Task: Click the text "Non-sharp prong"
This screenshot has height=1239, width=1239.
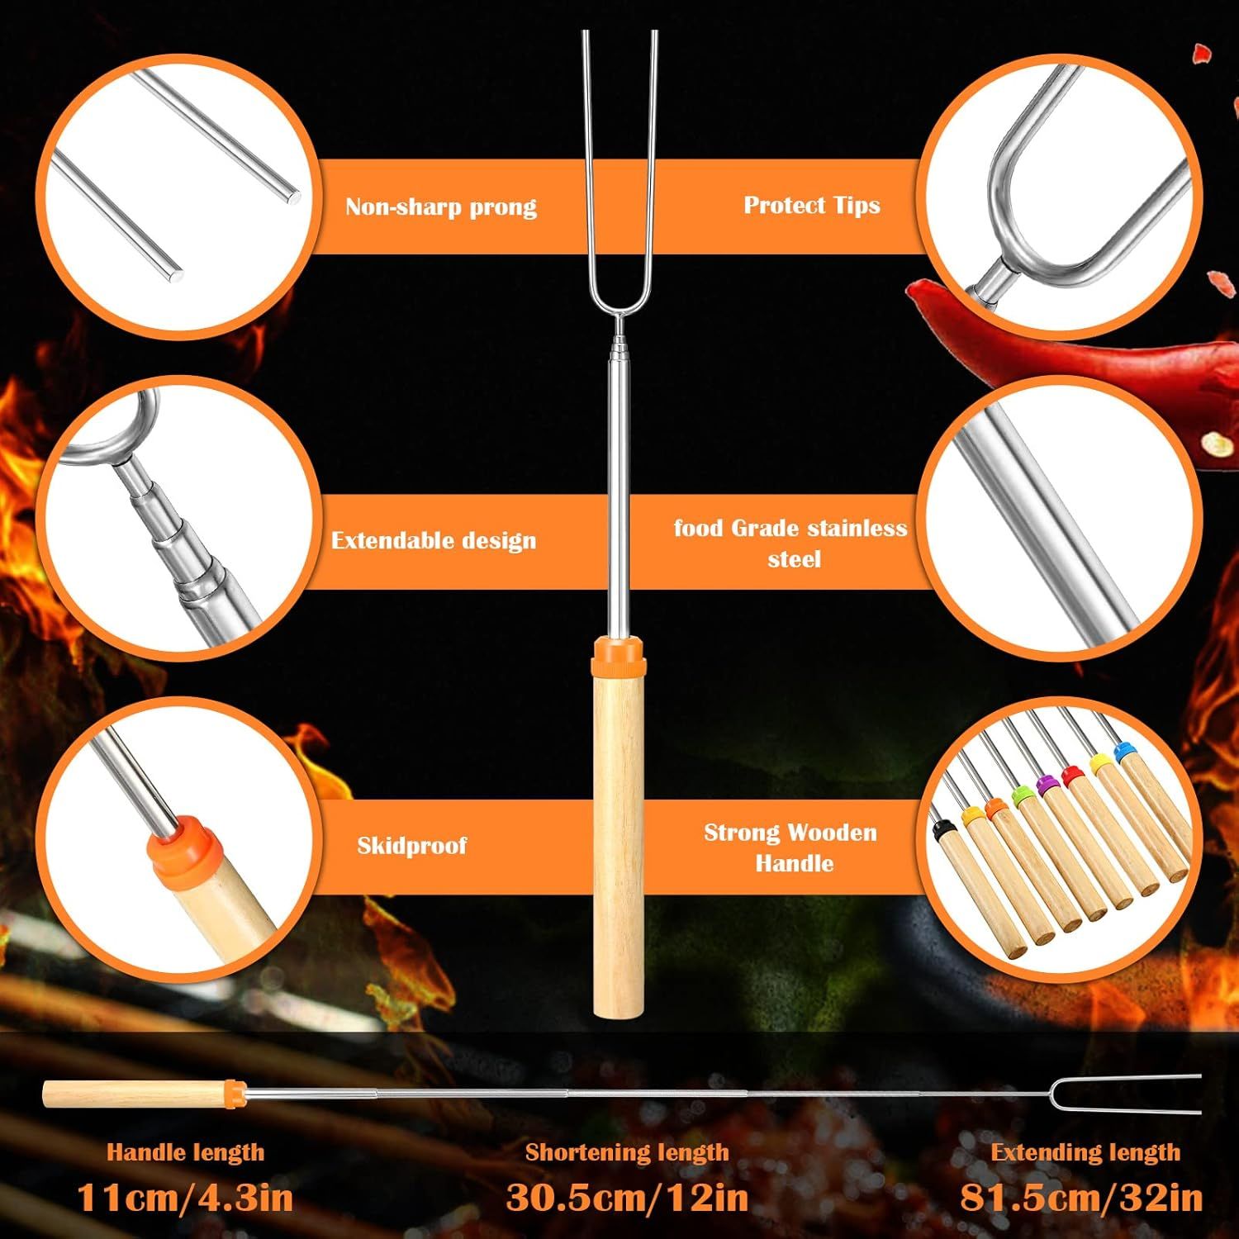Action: point(441,206)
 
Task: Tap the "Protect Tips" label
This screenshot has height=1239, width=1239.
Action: point(812,205)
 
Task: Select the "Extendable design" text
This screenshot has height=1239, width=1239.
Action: point(434,540)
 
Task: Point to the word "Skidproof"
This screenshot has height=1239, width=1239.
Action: point(411,845)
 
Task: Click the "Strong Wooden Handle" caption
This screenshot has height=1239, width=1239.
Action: point(790,847)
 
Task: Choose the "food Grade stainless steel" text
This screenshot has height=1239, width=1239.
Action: point(790,544)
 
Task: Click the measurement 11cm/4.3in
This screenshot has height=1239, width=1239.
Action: point(185,1197)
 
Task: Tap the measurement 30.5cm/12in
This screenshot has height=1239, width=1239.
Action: point(627,1197)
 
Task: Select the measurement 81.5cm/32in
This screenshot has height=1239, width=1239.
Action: point(1081,1197)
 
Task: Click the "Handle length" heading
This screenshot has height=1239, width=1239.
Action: point(185,1152)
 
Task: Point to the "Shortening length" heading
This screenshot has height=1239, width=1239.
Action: point(627,1152)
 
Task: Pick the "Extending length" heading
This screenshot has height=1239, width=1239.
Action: point(1085,1152)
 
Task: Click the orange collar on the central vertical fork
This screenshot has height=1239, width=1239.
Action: point(618,652)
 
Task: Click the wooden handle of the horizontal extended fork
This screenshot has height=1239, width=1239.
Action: point(135,1094)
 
